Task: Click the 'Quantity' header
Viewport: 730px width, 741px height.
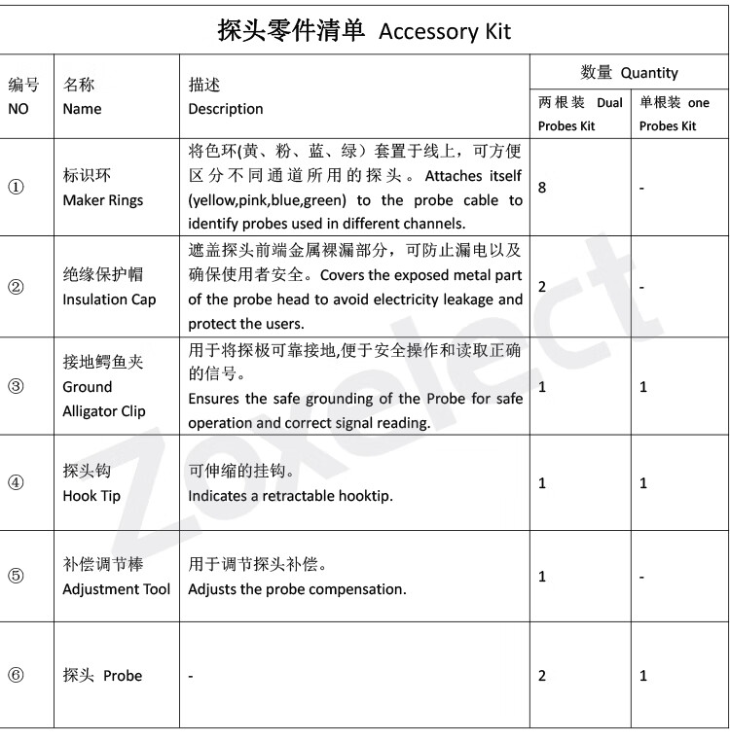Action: click(x=629, y=72)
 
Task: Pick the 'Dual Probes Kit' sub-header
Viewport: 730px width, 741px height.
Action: click(x=580, y=114)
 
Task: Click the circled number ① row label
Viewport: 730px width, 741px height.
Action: click(x=16, y=188)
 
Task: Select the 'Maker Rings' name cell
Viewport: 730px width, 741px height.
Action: click(x=102, y=189)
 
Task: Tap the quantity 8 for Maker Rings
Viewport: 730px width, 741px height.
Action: click(x=542, y=187)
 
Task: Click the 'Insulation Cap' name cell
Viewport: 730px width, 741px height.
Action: click(x=109, y=288)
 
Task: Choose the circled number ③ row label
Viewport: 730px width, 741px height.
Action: click(x=16, y=386)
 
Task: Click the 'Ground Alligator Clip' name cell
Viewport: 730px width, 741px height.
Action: click(x=103, y=386)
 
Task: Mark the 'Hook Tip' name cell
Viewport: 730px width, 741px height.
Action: click(x=91, y=483)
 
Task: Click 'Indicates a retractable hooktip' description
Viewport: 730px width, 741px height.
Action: click(x=290, y=496)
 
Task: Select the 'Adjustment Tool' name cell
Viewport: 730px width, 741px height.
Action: click(x=116, y=577)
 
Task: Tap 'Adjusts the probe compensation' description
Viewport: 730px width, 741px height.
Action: click(x=297, y=589)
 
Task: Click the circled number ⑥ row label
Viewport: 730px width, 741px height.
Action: click(x=16, y=675)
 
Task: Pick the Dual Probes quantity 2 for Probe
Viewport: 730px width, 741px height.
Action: click(x=542, y=676)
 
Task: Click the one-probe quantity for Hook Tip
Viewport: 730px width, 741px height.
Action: click(x=642, y=483)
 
